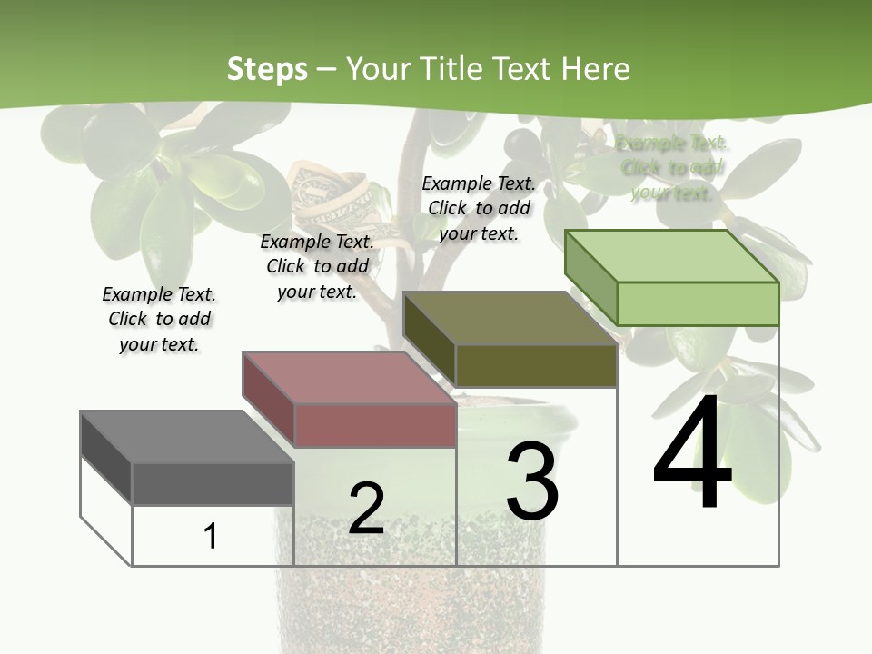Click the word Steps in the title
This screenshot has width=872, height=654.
coord(267,69)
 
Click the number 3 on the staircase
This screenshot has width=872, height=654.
coord(532,481)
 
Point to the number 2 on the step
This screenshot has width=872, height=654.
coord(366,508)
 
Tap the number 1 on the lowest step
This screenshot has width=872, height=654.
coord(211,536)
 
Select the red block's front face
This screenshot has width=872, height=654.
coord(375,425)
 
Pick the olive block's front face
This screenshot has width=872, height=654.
coord(536,365)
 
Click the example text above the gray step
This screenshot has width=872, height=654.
coord(159,319)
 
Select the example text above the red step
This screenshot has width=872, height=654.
coord(317,266)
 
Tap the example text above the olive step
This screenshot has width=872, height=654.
coord(479,208)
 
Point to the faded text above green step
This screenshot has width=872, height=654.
coord(671,168)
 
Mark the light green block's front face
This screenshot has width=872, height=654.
coord(698,303)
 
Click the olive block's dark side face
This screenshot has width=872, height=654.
coord(429,338)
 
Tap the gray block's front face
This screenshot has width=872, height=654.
coord(213,483)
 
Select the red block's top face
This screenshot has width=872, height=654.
coord(348,377)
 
